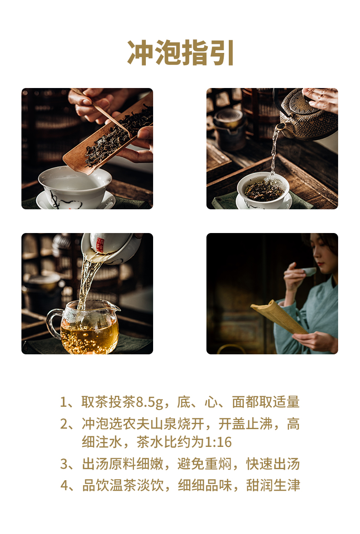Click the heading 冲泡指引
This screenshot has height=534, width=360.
180,53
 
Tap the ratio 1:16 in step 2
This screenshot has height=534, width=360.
218,442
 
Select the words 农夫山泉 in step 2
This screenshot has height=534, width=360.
136,424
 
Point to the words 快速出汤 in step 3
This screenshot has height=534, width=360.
273,464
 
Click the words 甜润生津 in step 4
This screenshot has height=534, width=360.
273,485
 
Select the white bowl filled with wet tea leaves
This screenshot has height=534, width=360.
263,190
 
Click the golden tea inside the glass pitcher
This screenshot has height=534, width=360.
89,337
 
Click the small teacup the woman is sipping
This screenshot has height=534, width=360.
309,271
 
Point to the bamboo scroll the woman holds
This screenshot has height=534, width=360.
279,317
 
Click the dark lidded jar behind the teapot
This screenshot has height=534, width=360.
229,130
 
